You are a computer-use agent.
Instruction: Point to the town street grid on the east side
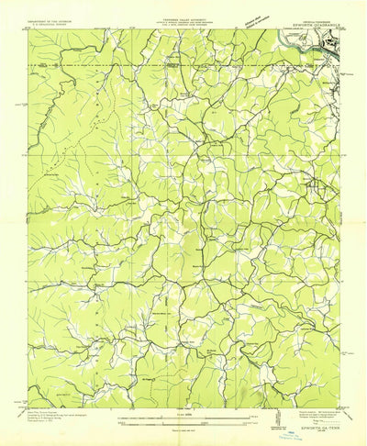(318, 190)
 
